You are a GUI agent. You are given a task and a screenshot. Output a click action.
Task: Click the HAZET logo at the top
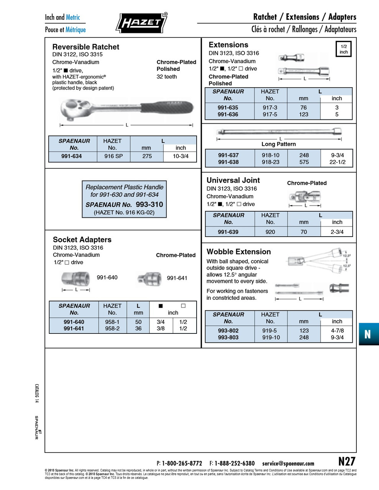pos(141,23)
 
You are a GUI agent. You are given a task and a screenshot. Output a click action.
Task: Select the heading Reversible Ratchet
pos(85,47)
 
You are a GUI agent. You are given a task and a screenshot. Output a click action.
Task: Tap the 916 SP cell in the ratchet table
pos(113,156)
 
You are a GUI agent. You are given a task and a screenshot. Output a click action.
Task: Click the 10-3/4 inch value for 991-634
pos(180,156)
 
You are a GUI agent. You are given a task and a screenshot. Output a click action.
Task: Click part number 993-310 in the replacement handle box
pos(149,204)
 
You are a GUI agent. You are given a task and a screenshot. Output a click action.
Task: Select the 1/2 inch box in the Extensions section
pos(344,49)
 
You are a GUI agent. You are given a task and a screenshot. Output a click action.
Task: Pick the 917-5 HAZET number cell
pos(270,114)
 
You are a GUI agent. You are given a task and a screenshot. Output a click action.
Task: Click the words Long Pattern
pos(279,144)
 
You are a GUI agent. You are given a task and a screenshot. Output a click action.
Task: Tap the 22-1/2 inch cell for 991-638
pos(338,162)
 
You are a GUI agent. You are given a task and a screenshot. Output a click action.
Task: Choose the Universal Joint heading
pos(233,180)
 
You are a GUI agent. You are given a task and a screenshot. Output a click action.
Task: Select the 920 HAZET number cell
pos(270,232)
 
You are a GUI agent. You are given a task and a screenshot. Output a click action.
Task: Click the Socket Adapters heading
pos(82,240)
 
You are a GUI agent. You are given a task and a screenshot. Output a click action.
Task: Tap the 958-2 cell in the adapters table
pos(112,328)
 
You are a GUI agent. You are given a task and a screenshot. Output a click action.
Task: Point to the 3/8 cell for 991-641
pos(161,328)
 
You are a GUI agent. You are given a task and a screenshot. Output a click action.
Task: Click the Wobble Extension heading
pos(238,252)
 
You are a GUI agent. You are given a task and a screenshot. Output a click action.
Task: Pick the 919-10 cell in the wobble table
pos(271,337)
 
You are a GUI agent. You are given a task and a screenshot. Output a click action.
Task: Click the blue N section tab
pos(368,334)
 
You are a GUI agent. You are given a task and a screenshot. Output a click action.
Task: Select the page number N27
pos(347,461)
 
